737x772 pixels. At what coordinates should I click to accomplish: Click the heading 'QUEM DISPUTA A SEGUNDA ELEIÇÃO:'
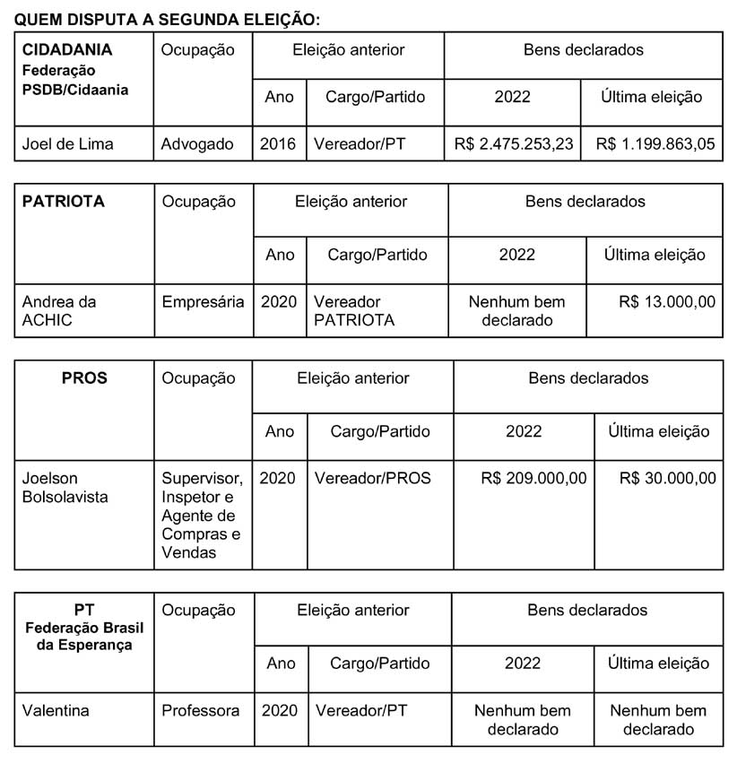click(x=167, y=18)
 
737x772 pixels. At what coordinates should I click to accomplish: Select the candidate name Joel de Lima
click(x=67, y=143)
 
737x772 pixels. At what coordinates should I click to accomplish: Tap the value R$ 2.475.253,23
click(x=513, y=143)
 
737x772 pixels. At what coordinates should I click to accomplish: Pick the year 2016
click(x=278, y=143)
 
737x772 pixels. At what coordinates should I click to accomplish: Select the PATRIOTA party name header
click(x=63, y=202)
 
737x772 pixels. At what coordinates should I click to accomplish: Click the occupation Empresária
click(x=203, y=302)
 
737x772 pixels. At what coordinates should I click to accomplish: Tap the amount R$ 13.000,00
click(x=667, y=302)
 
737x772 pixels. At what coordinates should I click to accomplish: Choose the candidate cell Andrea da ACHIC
click(x=58, y=310)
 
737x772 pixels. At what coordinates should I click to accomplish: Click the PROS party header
click(x=84, y=378)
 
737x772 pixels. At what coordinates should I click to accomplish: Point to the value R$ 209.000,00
click(x=533, y=479)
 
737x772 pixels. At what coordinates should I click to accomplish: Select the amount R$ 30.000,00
click(x=667, y=479)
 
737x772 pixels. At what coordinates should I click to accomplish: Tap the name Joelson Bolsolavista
click(x=65, y=487)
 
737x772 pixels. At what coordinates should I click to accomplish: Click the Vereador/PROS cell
click(x=372, y=479)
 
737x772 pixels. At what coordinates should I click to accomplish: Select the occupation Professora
click(x=201, y=711)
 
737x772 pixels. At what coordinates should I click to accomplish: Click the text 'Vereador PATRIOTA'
click(x=354, y=310)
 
